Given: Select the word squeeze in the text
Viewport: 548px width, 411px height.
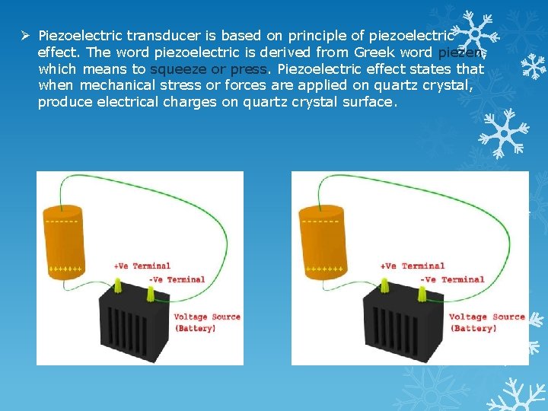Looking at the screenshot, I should click(x=178, y=69).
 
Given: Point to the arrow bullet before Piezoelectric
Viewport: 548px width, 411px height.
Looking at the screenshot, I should click(x=26, y=36).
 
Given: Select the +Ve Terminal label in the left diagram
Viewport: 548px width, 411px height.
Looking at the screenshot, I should click(x=142, y=266).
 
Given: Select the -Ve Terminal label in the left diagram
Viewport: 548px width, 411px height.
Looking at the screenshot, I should click(x=177, y=279).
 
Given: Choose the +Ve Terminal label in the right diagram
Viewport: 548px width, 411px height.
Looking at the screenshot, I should click(x=412, y=266).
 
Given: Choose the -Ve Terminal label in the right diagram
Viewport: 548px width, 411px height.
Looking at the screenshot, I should click(x=452, y=279).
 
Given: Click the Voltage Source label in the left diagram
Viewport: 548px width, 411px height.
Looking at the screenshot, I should click(x=207, y=317).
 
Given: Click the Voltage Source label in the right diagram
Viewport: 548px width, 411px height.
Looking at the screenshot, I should click(x=486, y=317).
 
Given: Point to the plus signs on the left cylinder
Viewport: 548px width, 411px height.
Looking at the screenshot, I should click(x=65, y=269).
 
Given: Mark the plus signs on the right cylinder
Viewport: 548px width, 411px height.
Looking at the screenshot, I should click(x=324, y=269).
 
